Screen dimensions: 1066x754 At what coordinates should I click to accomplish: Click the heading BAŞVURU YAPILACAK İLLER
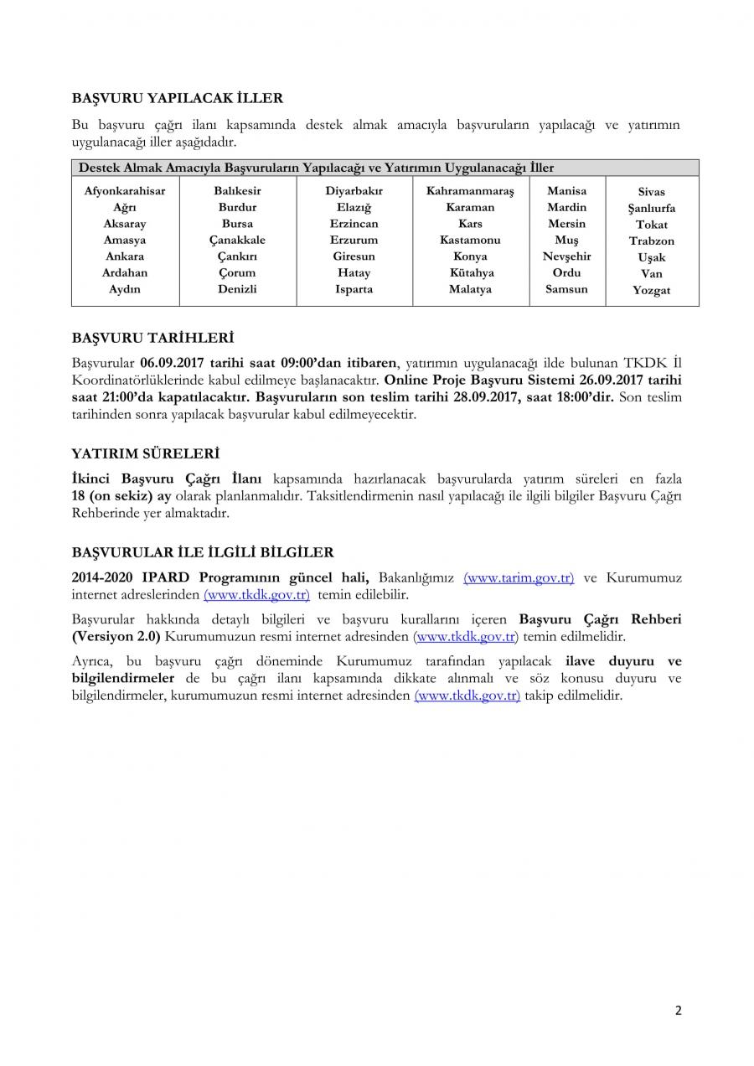(177, 98)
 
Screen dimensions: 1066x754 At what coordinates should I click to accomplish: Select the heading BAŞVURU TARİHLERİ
(152, 339)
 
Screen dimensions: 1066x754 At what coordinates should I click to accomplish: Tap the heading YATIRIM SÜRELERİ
(145, 454)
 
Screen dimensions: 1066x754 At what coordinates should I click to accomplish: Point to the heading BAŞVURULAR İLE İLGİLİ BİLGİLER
(203, 553)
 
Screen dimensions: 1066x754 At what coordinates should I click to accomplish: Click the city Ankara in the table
(125, 256)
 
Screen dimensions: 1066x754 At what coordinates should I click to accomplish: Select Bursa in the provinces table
(237, 224)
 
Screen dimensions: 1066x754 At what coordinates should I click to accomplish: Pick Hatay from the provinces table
(354, 273)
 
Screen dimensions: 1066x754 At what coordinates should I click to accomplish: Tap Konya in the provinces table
(470, 256)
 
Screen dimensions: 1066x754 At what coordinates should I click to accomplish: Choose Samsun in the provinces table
(566, 289)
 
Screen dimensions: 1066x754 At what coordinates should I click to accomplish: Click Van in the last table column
(651, 274)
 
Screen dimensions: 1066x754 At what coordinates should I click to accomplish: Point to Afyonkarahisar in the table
(125, 191)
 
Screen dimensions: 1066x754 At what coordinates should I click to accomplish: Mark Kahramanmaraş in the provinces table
(470, 191)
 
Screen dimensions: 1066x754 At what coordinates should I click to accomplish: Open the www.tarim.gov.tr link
(519, 578)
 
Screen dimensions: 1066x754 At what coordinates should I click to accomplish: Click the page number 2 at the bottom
(678, 1011)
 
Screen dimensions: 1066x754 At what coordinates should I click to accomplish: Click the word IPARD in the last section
(169, 578)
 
